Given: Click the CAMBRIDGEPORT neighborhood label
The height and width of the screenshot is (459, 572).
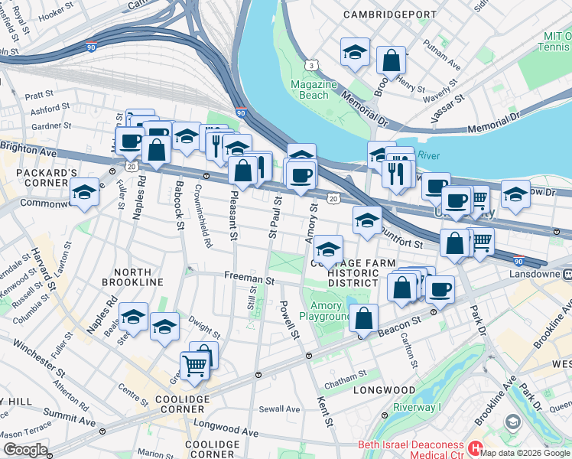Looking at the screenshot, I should point(390,15).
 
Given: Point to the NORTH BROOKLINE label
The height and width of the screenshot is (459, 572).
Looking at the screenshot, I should point(138,277).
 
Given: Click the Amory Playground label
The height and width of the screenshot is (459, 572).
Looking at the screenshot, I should point(327,311).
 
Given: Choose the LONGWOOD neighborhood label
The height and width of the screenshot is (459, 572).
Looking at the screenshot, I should point(385,390).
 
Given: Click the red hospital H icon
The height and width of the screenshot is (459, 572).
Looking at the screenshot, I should point(476,445).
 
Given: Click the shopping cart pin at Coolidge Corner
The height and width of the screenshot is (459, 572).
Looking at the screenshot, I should point(195,366).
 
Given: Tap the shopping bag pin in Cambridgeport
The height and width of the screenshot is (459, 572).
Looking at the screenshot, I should point(391,60).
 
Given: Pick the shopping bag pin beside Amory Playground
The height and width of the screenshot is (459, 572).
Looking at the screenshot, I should point(366,317).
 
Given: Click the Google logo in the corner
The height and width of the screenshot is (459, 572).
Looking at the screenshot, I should point(25,449).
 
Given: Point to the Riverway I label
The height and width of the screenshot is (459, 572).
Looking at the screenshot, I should point(415,408).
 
